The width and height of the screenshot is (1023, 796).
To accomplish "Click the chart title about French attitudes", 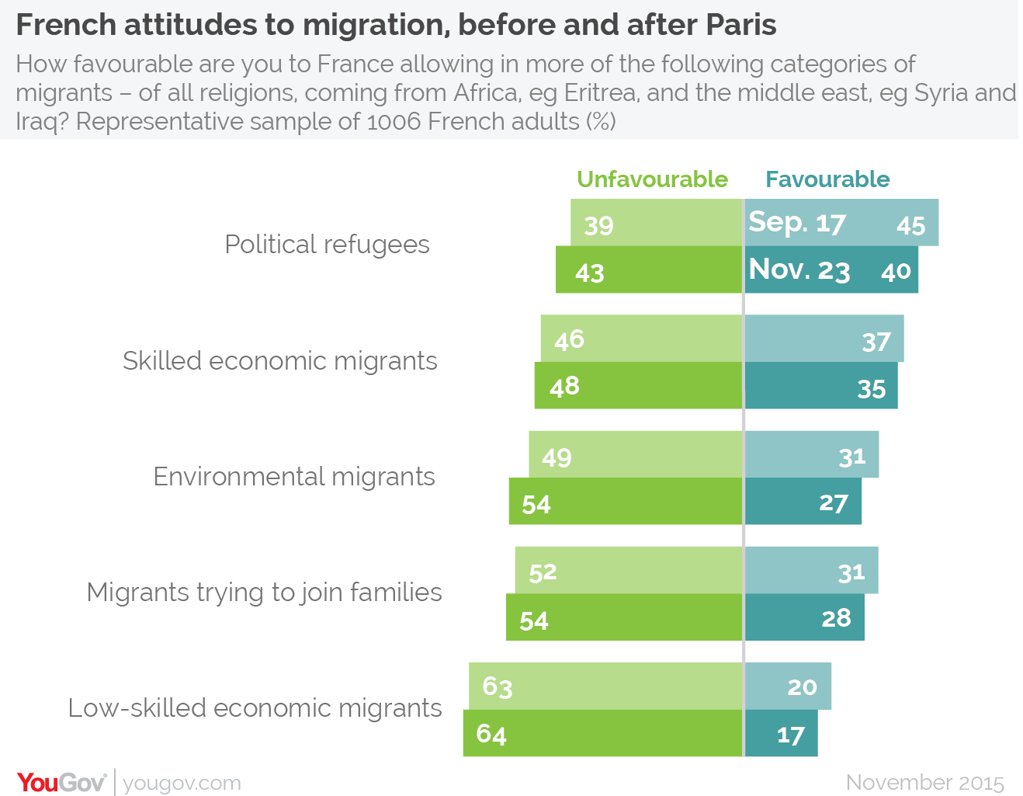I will click(396, 26).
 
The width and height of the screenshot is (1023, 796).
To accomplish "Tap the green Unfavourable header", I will click(652, 179).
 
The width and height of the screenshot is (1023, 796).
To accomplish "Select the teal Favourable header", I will click(827, 179).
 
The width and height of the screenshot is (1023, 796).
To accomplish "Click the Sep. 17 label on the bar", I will click(796, 223).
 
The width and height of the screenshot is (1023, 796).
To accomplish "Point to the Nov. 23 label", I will click(799, 269).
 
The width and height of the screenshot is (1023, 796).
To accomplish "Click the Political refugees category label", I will click(327, 245).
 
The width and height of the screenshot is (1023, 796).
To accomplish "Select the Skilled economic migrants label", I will click(280, 361).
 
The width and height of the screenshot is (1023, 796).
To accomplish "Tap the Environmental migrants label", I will click(294, 477).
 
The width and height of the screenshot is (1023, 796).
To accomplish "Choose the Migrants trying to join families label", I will click(264, 593).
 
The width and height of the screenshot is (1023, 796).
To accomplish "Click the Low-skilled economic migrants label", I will click(255, 708).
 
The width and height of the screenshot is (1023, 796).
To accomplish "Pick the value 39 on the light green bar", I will click(598, 225).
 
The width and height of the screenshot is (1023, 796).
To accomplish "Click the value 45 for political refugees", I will click(910, 225).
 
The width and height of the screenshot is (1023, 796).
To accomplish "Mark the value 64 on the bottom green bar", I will click(491, 734).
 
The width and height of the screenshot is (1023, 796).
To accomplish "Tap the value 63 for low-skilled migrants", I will click(498, 687).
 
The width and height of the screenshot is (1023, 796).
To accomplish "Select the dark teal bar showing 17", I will click(781, 734).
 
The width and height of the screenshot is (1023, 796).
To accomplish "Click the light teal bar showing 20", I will click(788, 687).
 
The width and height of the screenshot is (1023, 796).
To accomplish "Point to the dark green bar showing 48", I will click(638, 386).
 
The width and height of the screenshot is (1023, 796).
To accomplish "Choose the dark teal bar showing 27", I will click(803, 502).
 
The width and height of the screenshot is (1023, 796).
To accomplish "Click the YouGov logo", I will click(61, 782).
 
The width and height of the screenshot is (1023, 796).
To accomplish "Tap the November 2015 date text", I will click(924, 782).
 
